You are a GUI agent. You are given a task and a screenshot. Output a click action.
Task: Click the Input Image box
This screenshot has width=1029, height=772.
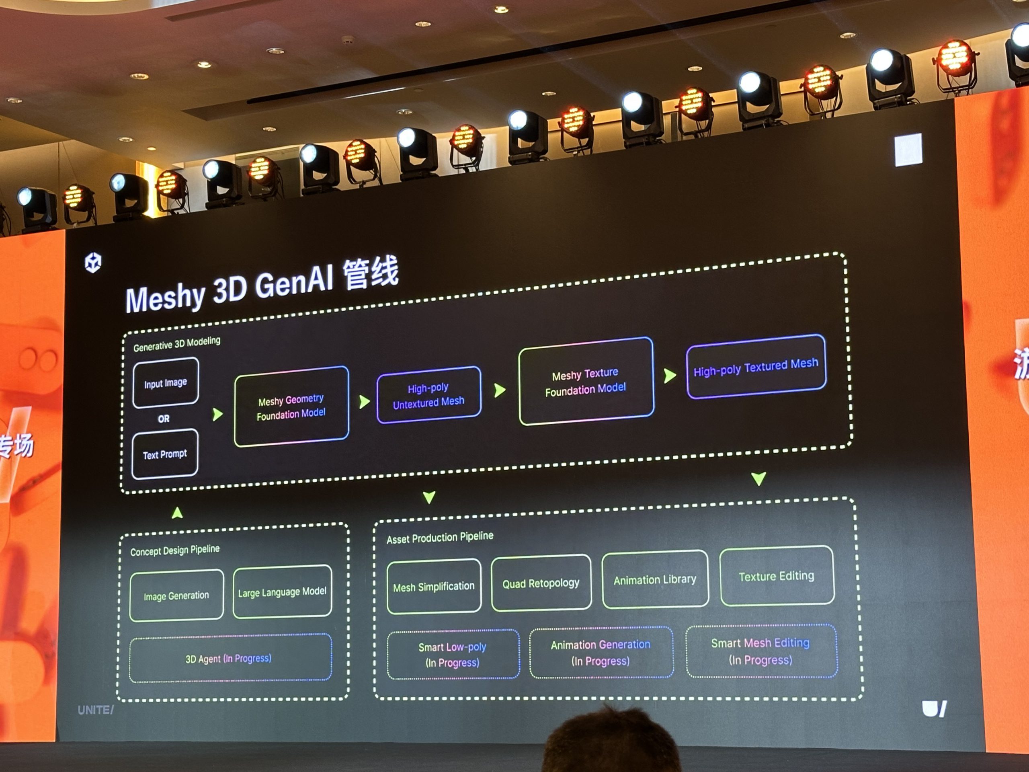(x=166, y=383)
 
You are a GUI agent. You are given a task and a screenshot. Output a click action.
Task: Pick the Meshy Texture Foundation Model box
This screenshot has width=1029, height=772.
(x=586, y=382)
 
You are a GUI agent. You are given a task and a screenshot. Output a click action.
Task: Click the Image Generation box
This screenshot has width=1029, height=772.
(x=176, y=595)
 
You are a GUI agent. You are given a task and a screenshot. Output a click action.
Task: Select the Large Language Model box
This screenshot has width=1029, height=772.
(x=282, y=592)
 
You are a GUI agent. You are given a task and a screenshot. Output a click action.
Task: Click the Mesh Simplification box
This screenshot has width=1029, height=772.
(x=434, y=587)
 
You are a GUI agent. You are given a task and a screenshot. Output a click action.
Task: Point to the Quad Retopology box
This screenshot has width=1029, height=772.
(x=541, y=583)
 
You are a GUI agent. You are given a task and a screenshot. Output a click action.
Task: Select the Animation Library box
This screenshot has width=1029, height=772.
(x=655, y=580)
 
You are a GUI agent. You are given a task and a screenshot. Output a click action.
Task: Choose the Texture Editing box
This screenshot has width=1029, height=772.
(x=777, y=576)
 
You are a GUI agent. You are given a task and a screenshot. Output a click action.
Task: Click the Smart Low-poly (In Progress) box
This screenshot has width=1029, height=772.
(x=453, y=655)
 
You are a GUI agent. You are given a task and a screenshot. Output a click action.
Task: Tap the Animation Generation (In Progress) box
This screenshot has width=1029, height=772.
(x=601, y=653)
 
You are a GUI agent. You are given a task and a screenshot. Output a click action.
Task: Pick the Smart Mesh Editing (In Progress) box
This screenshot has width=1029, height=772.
(x=761, y=651)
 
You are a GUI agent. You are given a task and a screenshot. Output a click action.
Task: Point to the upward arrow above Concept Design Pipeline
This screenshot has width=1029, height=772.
(x=177, y=513)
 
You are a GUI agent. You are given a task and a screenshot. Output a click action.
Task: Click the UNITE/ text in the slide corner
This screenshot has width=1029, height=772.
(x=95, y=710)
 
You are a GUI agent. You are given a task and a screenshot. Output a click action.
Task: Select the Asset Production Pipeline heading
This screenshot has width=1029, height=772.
(x=440, y=538)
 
